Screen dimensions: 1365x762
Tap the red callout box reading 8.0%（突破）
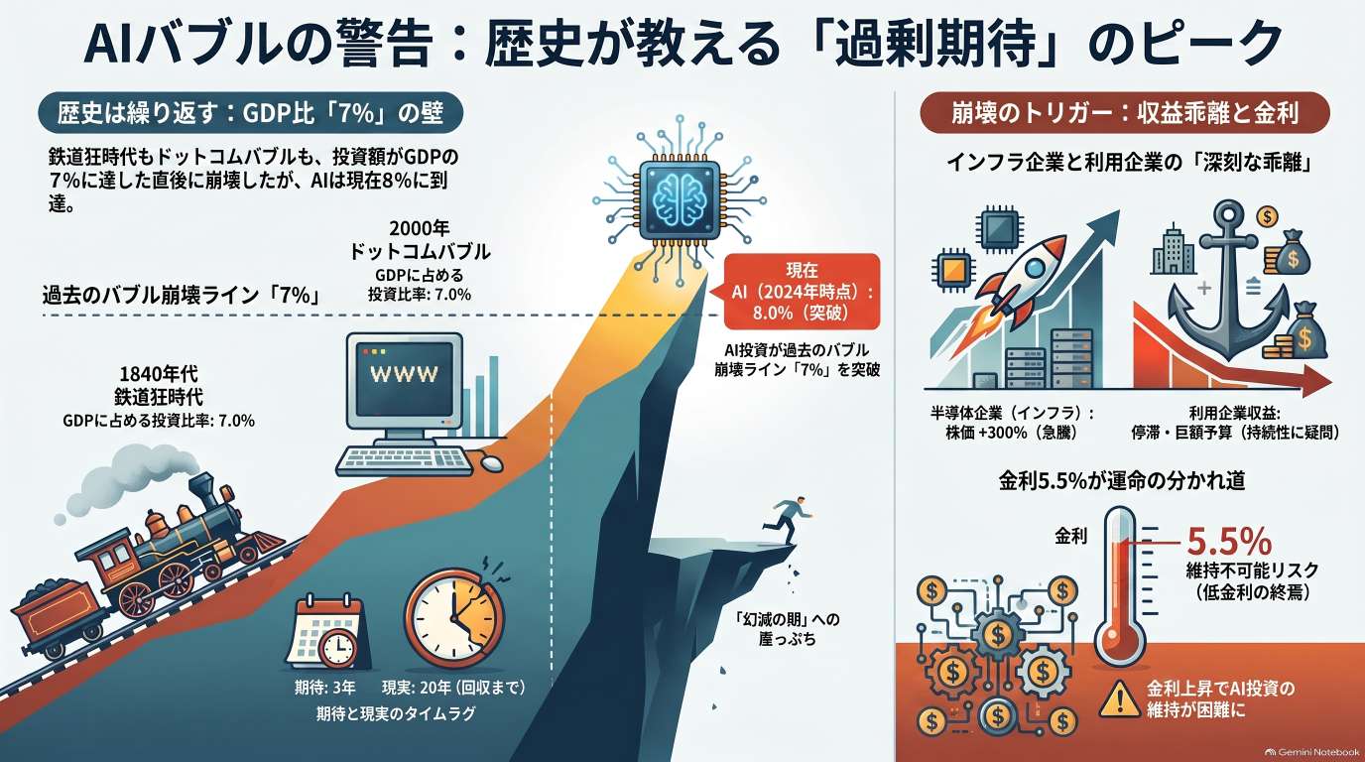click(802, 292)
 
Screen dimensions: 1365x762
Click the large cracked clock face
click(454, 617)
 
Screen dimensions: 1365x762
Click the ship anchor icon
click(1228, 281)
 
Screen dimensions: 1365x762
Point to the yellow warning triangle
click(1120, 699)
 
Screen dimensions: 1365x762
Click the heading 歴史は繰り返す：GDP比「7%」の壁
click(250, 113)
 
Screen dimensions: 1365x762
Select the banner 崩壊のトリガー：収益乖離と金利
click(1124, 113)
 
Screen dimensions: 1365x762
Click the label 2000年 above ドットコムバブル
click(420, 228)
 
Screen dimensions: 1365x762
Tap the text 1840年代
click(159, 373)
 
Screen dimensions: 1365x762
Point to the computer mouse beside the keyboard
click(492, 461)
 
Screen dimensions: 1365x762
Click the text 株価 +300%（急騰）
click(1011, 433)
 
